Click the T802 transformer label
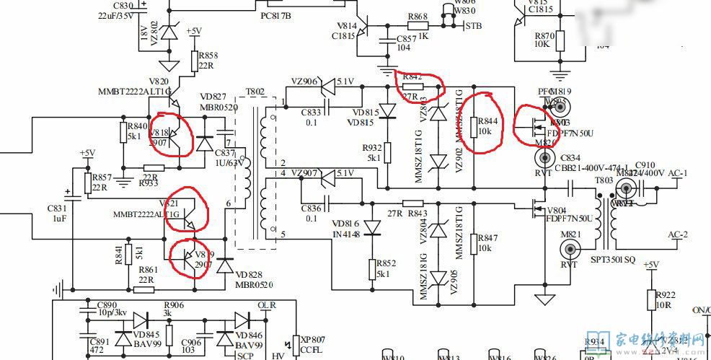[x=255, y=92]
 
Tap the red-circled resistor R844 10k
[x=474, y=126]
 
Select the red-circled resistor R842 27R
[x=412, y=86]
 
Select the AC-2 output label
[x=679, y=235]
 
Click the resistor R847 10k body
[x=474, y=243]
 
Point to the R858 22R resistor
[x=194, y=61]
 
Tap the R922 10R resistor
[x=651, y=300]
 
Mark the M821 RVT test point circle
[x=572, y=250]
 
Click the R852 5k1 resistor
[x=372, y=268]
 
